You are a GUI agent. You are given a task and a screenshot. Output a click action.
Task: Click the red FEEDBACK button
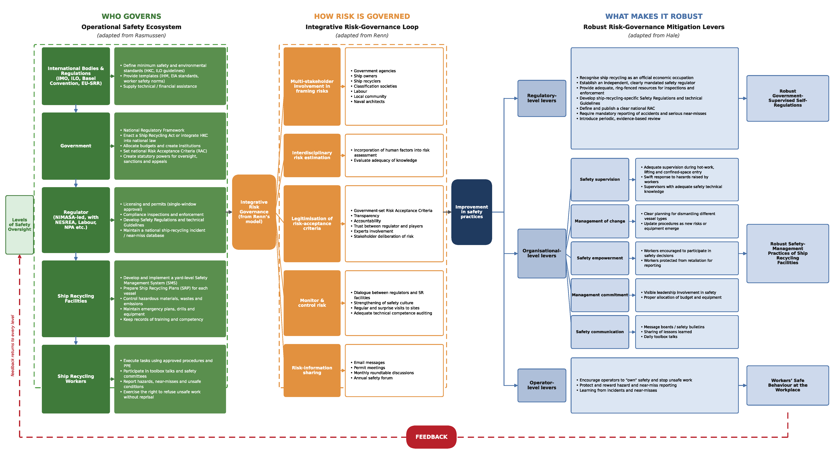(x=431, y=437)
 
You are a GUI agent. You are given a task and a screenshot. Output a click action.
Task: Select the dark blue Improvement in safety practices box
(x=471, y=212)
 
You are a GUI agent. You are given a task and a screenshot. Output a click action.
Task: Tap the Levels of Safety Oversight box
(x=20, y=225)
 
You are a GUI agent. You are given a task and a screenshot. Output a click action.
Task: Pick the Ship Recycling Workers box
(x=76, y=379)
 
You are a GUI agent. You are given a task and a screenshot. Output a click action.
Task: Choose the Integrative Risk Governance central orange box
(x=254, y=212)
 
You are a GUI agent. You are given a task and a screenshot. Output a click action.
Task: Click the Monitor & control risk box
(x=312, y=303)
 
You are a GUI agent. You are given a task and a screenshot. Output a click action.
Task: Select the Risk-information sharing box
(x=312, y=370)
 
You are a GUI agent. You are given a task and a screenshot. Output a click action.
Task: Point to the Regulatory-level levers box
(x=542, y=98)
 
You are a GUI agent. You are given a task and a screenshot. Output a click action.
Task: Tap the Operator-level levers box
(x=542, y=385)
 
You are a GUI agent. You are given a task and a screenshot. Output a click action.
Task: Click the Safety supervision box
(x=600, y=179)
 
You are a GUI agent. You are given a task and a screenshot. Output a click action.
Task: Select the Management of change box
(x=600, y=221)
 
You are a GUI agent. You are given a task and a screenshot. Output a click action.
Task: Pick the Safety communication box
(x=600, y=332)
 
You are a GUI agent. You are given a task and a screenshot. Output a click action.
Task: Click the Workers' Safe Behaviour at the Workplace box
(x=787, y=385)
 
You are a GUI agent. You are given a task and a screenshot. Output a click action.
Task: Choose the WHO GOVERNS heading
(x=131, y=16)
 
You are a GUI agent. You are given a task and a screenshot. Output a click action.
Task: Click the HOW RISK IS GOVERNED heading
(x=362, y=16)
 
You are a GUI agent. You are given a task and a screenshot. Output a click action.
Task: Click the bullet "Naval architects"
(x=369, y=102)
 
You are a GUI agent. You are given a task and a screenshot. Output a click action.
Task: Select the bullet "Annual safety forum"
(x=373, y=378)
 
